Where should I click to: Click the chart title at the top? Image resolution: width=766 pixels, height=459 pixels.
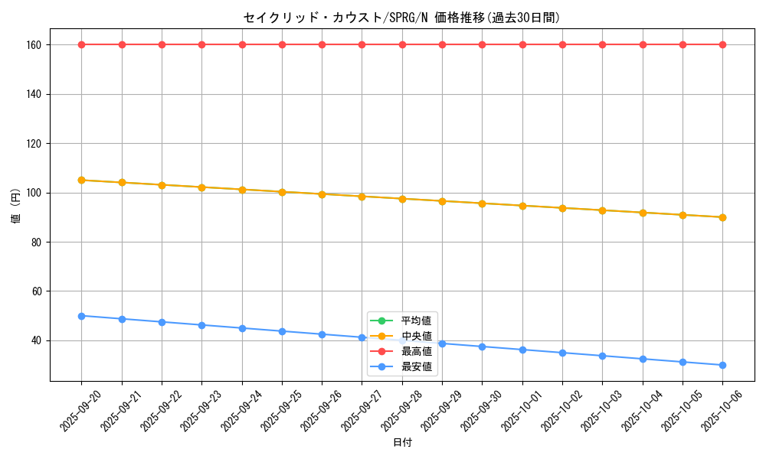point(401,18)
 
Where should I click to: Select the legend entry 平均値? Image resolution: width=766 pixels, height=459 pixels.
point(416,321)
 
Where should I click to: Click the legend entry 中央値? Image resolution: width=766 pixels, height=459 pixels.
point(416,336)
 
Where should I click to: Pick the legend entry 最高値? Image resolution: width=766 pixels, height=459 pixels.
point(416,351)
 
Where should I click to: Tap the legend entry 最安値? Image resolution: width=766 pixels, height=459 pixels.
point(416,366)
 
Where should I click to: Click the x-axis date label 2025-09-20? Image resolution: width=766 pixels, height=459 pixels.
point(79,411)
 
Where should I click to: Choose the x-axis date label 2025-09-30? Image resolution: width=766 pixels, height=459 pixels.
point(480,411)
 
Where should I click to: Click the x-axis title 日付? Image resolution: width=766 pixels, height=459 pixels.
point(401,443)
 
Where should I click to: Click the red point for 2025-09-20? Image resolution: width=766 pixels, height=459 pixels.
point(82,44)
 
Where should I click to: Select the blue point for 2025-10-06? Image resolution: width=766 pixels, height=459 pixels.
point(722,365)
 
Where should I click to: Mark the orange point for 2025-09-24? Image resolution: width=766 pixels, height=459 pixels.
point(242,189)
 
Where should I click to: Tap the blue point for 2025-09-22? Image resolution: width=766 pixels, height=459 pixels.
point(162,322)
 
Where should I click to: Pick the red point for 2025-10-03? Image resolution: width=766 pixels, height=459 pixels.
point(602,44)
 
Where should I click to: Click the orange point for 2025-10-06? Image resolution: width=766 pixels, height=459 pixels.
point(722,217)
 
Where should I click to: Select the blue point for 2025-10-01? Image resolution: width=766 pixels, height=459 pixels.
point(522,350)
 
